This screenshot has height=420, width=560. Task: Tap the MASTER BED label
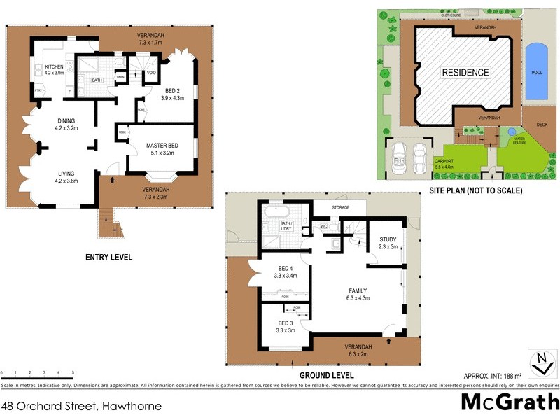162,145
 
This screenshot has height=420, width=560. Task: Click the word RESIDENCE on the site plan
465,73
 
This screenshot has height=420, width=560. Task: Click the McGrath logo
508,403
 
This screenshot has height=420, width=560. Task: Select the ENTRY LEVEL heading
108,258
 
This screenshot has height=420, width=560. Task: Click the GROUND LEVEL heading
326,375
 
